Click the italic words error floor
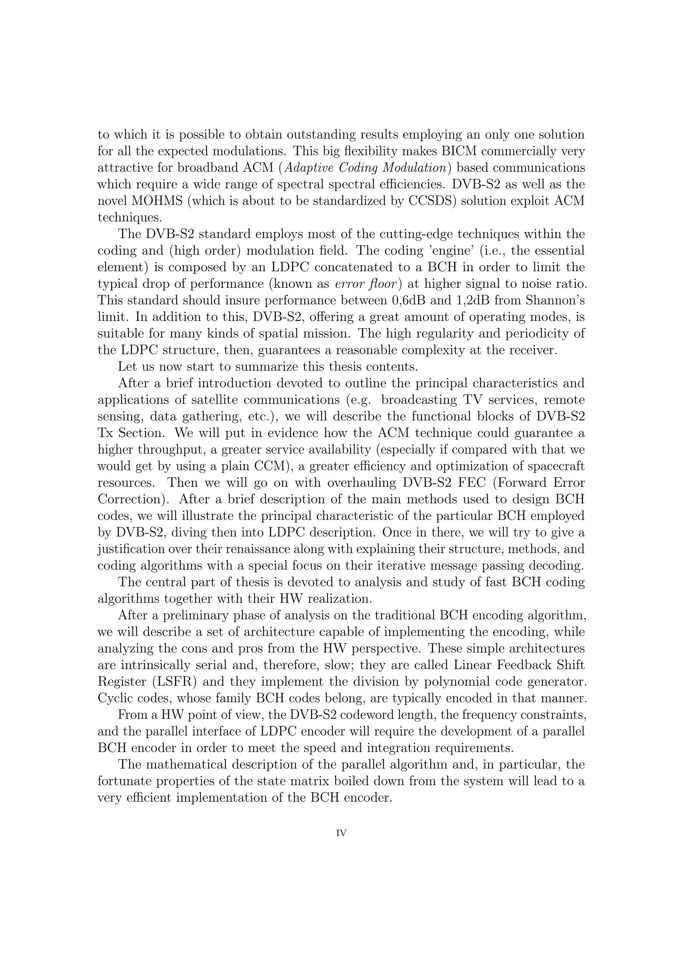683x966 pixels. tap(366, 284)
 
